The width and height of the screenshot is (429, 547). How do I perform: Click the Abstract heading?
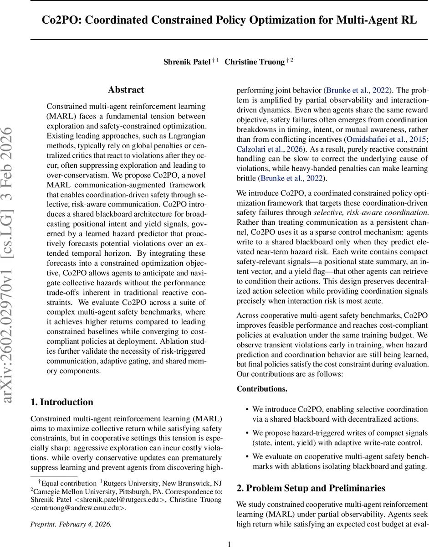(126, 90)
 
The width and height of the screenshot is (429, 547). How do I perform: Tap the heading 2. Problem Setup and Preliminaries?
(311, 488)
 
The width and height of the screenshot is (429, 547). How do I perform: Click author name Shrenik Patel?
(187, 62)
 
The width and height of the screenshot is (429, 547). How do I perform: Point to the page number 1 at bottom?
(230, 543)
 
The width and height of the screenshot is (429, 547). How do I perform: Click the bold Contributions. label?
(262, 389)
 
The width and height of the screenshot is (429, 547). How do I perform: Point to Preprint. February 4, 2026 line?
(71, 524)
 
